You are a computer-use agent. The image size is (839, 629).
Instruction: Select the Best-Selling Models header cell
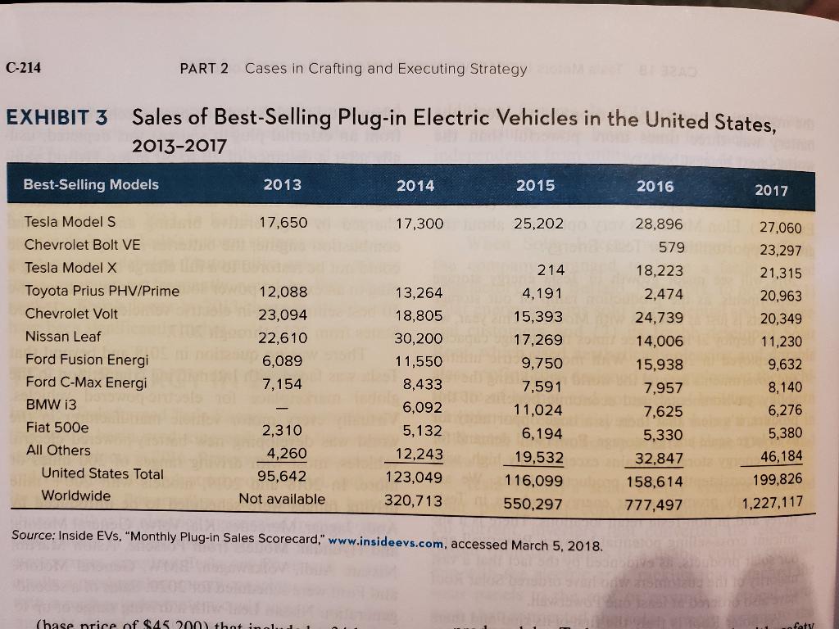click(92, 184)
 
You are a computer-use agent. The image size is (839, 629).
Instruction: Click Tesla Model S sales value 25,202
click(538, 223)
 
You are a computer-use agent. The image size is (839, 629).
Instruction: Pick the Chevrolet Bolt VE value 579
click(671, 247)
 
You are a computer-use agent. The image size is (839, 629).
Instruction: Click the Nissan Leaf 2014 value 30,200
click(419, 337)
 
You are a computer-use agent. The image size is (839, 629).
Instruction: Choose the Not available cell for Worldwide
click(282, 498)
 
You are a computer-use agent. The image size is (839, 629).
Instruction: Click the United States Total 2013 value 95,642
click(281, 476)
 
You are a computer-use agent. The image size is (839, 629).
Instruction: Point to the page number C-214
click(24, 68)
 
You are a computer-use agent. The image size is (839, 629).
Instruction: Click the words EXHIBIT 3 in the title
click(57, 117)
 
